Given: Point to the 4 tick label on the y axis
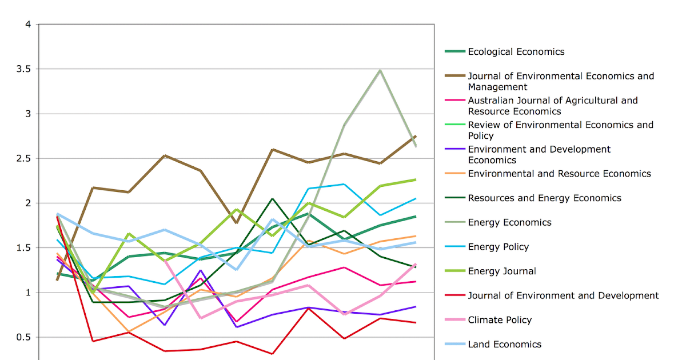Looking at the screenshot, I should click(x=27, y=25).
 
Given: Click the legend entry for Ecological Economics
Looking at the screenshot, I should click(x=516, y=52).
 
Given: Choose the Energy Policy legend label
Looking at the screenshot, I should click(x=498, y=247).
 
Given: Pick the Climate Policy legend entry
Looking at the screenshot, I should click(x=500, y=320).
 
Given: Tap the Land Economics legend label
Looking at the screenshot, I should click(x=504, y=344).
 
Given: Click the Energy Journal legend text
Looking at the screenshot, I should click(x=502, y=271).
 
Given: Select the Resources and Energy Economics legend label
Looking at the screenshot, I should click(x=544, y=198).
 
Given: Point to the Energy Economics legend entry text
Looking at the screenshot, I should click(x=509, y=222).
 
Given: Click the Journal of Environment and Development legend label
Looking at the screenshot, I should click(x=563, y=295).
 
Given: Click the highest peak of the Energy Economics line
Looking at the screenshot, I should click(x=380, y=70).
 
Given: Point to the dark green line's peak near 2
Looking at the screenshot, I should click(x=272, y=198).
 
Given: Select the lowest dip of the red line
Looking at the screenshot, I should click(x=272, y=354).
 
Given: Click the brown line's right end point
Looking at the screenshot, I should click(x=416, y=136).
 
